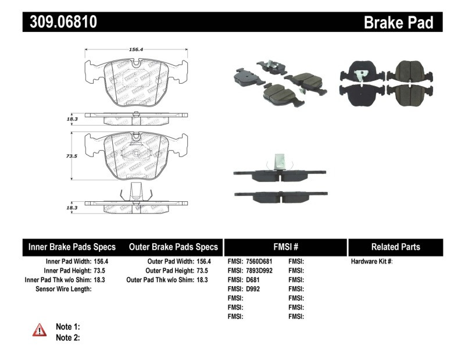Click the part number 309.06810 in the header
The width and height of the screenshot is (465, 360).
(60, 22)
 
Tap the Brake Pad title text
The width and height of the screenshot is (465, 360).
(398, 22)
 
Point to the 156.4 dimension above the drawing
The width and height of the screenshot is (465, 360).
(136, 49)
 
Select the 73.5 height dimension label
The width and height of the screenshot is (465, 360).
(71, 156)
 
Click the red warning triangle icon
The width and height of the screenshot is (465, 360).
(39, 331)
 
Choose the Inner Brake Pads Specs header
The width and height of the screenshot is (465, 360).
(72, 247)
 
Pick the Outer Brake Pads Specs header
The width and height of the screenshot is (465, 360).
(173, 247)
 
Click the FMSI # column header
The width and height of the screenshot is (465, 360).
(285, 247)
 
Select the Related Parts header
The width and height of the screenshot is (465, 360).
(395, 247)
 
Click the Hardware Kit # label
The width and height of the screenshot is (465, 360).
(371, 262)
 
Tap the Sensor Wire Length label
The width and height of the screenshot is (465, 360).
(63, 289)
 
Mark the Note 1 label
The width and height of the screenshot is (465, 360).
(67, 327)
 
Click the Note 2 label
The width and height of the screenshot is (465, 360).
(67, 337)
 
